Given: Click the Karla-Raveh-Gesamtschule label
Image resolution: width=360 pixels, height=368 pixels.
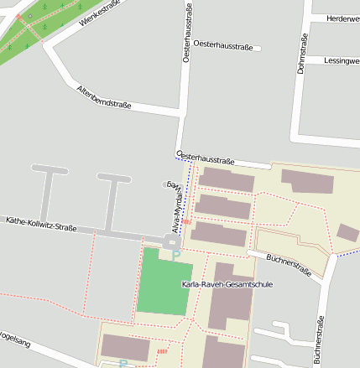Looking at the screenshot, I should point(227,284).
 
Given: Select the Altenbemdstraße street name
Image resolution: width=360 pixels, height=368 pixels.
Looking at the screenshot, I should point(103,97).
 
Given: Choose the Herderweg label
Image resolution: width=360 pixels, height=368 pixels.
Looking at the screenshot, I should point(342,18).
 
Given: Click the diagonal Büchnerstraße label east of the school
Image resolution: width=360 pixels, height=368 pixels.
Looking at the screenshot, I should point(289,266).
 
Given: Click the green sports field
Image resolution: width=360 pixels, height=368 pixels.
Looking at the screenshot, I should point(164,282).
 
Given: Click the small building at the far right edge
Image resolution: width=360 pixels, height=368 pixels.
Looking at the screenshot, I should point(347,232).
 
